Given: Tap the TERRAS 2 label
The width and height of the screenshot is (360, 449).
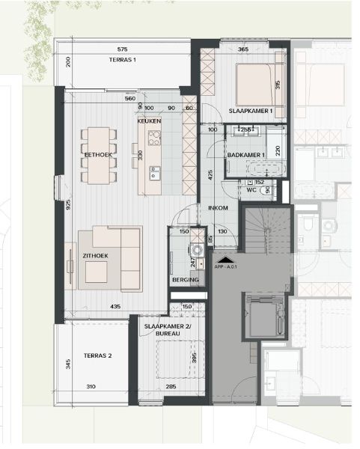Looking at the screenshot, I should click(x=97, y=355).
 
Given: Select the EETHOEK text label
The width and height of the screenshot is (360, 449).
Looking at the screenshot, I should click(x=97, y=154).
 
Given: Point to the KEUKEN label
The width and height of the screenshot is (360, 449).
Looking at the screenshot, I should click(x=150, y=120).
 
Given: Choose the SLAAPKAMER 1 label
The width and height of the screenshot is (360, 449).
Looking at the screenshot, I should click(x=251, y=112).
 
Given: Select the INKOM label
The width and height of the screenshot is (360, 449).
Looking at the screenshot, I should click(x=218, y=208).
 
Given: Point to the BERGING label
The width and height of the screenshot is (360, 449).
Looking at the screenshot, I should click(x=185, y=280).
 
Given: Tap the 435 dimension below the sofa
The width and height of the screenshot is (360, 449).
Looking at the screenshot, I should click(x=115, y=307).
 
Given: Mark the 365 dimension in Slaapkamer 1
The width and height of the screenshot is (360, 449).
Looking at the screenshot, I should click(x=243, y=49).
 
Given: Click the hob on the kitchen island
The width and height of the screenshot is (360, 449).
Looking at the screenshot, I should click(x=155, y=138).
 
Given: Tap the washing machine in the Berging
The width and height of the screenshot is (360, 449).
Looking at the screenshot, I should click(x=196, y=250).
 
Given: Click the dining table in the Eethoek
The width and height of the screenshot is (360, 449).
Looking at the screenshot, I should click(x=100, y=155).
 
